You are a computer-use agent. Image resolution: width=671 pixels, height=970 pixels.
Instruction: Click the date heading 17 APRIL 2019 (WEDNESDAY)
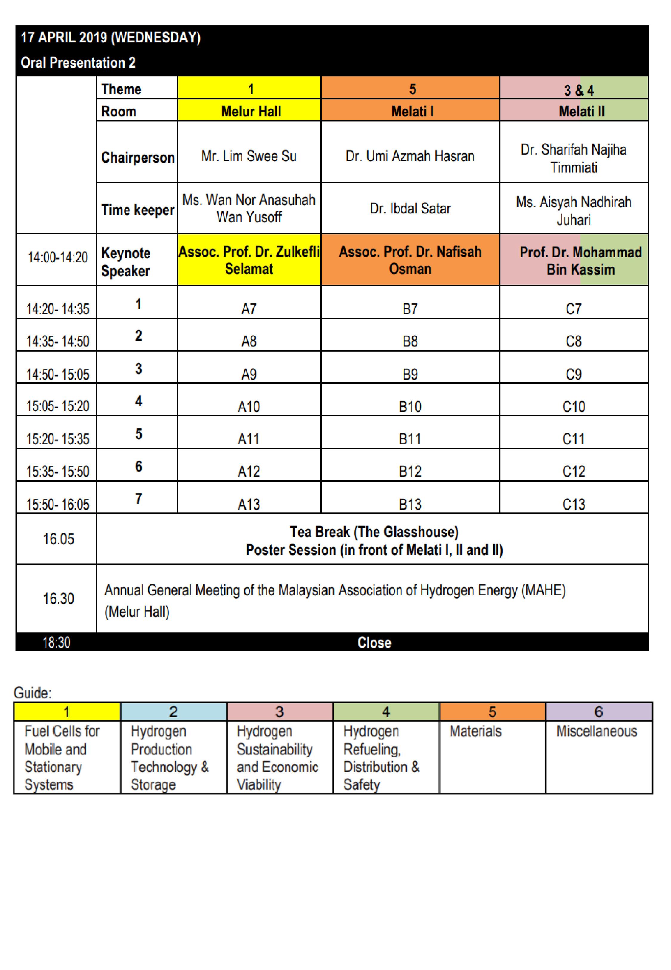click(111, 38)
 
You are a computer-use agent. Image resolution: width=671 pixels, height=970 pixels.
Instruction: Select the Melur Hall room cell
click(251, 111)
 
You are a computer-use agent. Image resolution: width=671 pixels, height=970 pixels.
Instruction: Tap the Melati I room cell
click(412, 111)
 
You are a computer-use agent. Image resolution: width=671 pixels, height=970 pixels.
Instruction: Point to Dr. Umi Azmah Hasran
click(410, 156)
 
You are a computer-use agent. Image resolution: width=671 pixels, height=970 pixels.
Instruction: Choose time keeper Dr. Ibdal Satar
click(410, 208)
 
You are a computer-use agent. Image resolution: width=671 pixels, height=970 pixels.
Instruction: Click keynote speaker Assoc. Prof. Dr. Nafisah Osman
click(410, 260)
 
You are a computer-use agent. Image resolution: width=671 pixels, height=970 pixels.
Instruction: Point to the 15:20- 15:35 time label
click(58, 439)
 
